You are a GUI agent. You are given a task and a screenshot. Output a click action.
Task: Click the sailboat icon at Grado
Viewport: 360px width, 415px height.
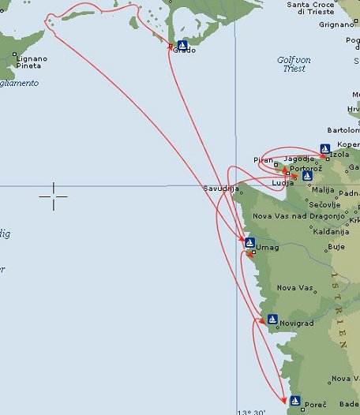183,44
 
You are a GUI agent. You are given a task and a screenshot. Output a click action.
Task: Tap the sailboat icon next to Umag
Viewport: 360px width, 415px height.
249,242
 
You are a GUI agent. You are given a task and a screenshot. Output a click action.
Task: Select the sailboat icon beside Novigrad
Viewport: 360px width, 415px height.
272,320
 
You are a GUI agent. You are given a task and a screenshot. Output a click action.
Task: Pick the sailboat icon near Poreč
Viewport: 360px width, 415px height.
295,400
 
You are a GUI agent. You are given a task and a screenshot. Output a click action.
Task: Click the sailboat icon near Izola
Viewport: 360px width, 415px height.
324,148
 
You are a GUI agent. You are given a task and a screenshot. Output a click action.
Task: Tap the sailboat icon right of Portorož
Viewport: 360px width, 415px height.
307,176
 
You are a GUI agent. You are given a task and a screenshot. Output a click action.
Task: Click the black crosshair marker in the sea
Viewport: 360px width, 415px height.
54,196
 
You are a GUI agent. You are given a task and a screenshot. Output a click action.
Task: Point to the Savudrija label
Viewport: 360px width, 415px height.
220,189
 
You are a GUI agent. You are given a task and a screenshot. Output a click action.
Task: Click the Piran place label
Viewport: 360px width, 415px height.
263,160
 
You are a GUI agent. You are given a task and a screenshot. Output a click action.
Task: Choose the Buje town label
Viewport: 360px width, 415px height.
336,247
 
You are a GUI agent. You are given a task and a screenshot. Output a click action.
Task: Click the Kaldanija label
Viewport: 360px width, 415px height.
313,232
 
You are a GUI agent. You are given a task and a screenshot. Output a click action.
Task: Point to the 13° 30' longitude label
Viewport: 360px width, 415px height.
253,411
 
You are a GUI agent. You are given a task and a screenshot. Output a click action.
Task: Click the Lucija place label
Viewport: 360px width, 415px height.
282,183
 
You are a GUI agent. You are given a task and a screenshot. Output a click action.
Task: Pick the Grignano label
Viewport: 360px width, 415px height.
340,24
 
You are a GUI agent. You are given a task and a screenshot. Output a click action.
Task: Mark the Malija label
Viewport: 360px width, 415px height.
324,190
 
